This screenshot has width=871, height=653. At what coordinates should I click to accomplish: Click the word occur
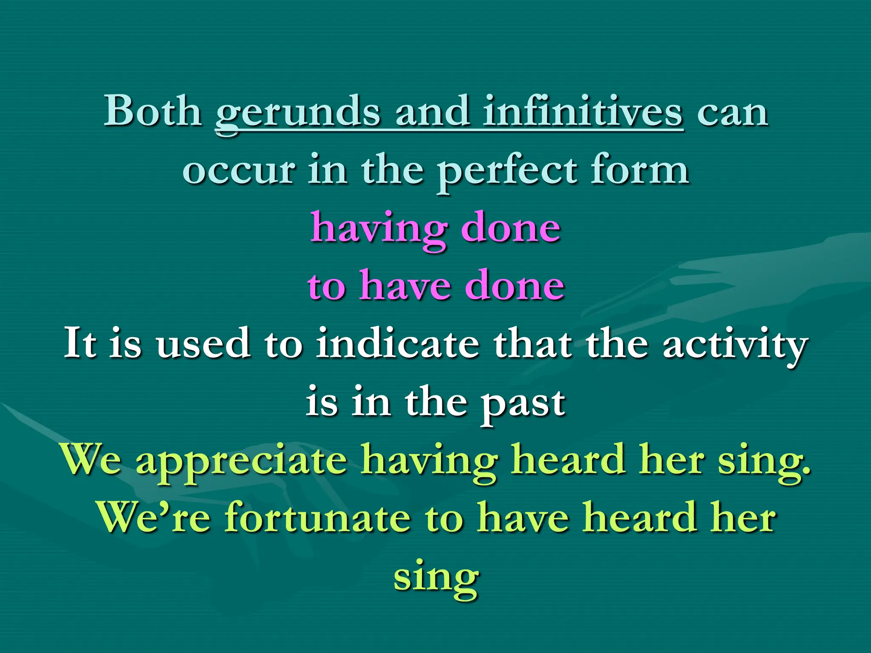[x=239, y=170]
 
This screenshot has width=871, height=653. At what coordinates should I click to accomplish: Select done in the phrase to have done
[x=514, y=286]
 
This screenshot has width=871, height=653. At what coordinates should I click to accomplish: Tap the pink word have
[x=404, y=286]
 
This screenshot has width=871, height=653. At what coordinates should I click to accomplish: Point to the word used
[x=202, y=344]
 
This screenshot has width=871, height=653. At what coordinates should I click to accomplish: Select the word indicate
[x=397, y=344]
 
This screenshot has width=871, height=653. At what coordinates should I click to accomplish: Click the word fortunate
[x=317, y=517]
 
